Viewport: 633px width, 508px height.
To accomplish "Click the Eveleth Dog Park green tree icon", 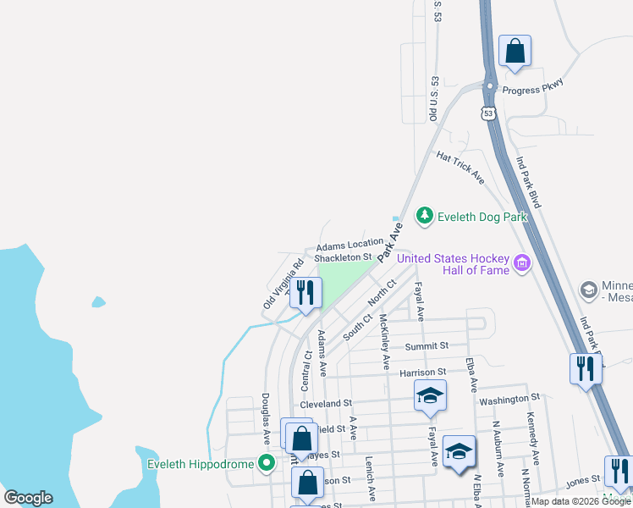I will [x=425, y=217].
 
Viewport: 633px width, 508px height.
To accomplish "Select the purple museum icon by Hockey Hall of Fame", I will [x=522, y=264].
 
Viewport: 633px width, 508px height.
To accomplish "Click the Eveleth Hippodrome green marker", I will [x=267, y=463].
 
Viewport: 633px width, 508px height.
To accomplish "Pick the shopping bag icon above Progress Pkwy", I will [x=515, y=52].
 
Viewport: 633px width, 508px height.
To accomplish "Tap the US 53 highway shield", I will [x=488, y=113].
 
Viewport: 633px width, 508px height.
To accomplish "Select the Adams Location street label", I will [x=350, y=244].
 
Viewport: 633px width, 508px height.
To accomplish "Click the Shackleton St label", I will [x=343, y=257].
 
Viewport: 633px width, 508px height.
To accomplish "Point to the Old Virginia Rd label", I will [x=283, y=283].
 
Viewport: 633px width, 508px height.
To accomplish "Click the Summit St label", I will [x=426, y=346].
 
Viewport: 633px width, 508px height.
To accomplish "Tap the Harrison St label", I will [x=422, y=372].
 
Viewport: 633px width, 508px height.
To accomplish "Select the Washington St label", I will [x=509, y=398].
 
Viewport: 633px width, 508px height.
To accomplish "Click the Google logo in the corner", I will [x=29, y=498].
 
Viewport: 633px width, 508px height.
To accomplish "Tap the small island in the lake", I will [x=99, y=301].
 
